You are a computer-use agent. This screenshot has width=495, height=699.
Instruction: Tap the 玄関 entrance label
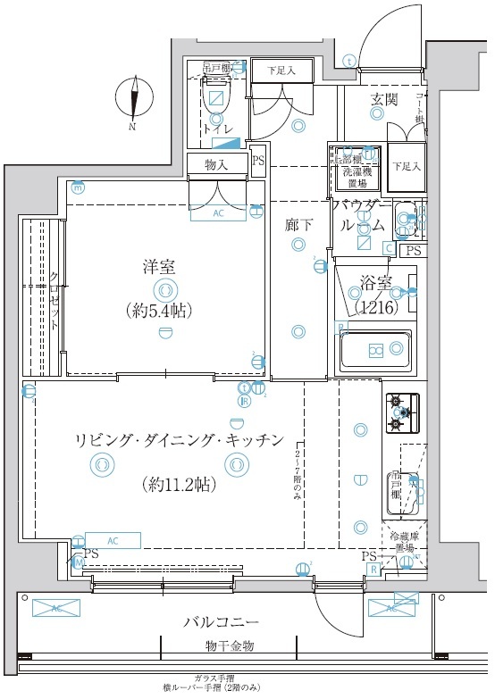coord(384,99)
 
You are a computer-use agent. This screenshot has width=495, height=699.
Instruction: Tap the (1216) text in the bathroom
coord(375,308)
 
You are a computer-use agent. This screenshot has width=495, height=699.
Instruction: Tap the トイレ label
coord(219,129)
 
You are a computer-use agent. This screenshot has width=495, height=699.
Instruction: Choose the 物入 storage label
coord(216,164)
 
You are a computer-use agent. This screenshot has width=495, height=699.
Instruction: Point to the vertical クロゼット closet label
coord(55,301)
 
